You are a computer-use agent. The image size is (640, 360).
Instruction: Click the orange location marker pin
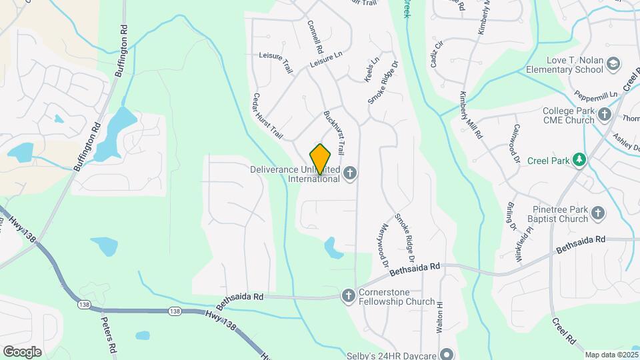[x=320, y=159]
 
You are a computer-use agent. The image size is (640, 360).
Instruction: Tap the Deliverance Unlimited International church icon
[x=351, y=174]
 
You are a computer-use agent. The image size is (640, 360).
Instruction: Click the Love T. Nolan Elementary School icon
[x=612, y=64]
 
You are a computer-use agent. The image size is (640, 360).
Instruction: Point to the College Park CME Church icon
[x=604, y=115]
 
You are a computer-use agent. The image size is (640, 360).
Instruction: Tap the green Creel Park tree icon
[x=579, y=160]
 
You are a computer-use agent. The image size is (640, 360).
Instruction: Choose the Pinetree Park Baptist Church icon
[x=597, y=213]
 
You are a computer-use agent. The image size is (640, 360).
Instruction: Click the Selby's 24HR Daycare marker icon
[x=449, y=354]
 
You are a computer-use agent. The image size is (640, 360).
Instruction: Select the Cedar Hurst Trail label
[x=267, y=116]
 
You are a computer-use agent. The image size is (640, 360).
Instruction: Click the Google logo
[x=22, y=351]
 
